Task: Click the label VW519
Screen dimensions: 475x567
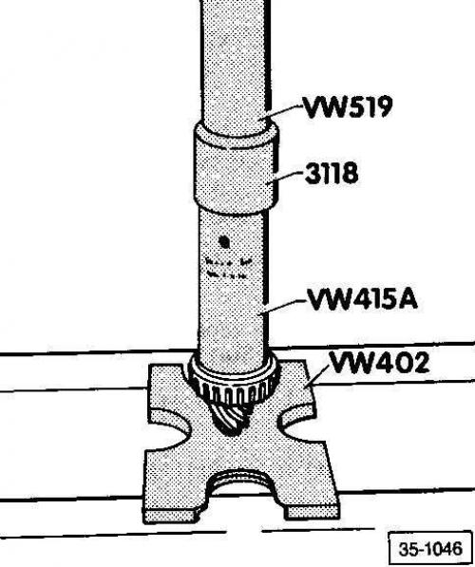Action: pos(348,106)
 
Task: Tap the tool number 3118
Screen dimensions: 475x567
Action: pos(332,173)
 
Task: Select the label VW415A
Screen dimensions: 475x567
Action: pos(363,299)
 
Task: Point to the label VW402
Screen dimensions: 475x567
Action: pos(379,362)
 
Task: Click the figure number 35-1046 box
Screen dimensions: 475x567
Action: pos(430,549)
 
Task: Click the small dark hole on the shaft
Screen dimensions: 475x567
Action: pos(224,242)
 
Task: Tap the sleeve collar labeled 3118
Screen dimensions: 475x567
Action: pos(236,168)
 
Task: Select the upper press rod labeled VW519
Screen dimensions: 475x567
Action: pos(236,66)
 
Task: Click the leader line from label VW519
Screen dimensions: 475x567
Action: pos(284,111)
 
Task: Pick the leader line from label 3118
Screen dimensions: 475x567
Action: pos(285,178)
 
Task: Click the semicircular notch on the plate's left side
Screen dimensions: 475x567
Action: pos(170,429)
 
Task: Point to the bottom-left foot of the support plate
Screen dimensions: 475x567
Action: pos(172,515)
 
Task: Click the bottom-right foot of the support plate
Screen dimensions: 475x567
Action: pos(312,510)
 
